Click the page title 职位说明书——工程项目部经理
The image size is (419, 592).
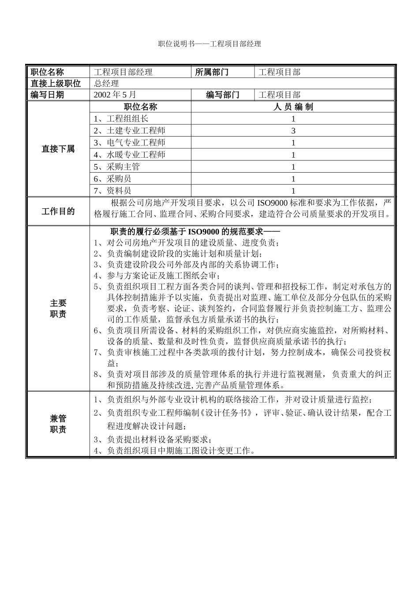click(209, 44)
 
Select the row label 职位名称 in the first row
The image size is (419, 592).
click(47, 72)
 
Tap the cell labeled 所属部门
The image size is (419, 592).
click(212, 72)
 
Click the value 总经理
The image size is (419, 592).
click(106, 84)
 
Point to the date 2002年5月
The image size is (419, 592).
click(115, 95)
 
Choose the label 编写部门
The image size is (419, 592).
click(223, 95)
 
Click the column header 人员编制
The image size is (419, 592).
click(293, 107)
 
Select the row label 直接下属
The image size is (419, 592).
click(58, 149)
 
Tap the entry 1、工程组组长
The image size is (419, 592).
click(121, 118)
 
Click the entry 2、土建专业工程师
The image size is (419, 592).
click(130, 131)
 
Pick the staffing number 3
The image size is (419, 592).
click(293, 131)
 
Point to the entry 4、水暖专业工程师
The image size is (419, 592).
click(130, 155)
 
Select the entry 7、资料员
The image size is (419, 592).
click(112, 191)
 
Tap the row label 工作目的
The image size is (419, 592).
click(58, 211)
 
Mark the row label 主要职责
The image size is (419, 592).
click(58, 308)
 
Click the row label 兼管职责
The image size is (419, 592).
click(58, 424)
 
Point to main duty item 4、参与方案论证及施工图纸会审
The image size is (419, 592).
click(157, 276)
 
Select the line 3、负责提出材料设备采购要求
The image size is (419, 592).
click(153, 440)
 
